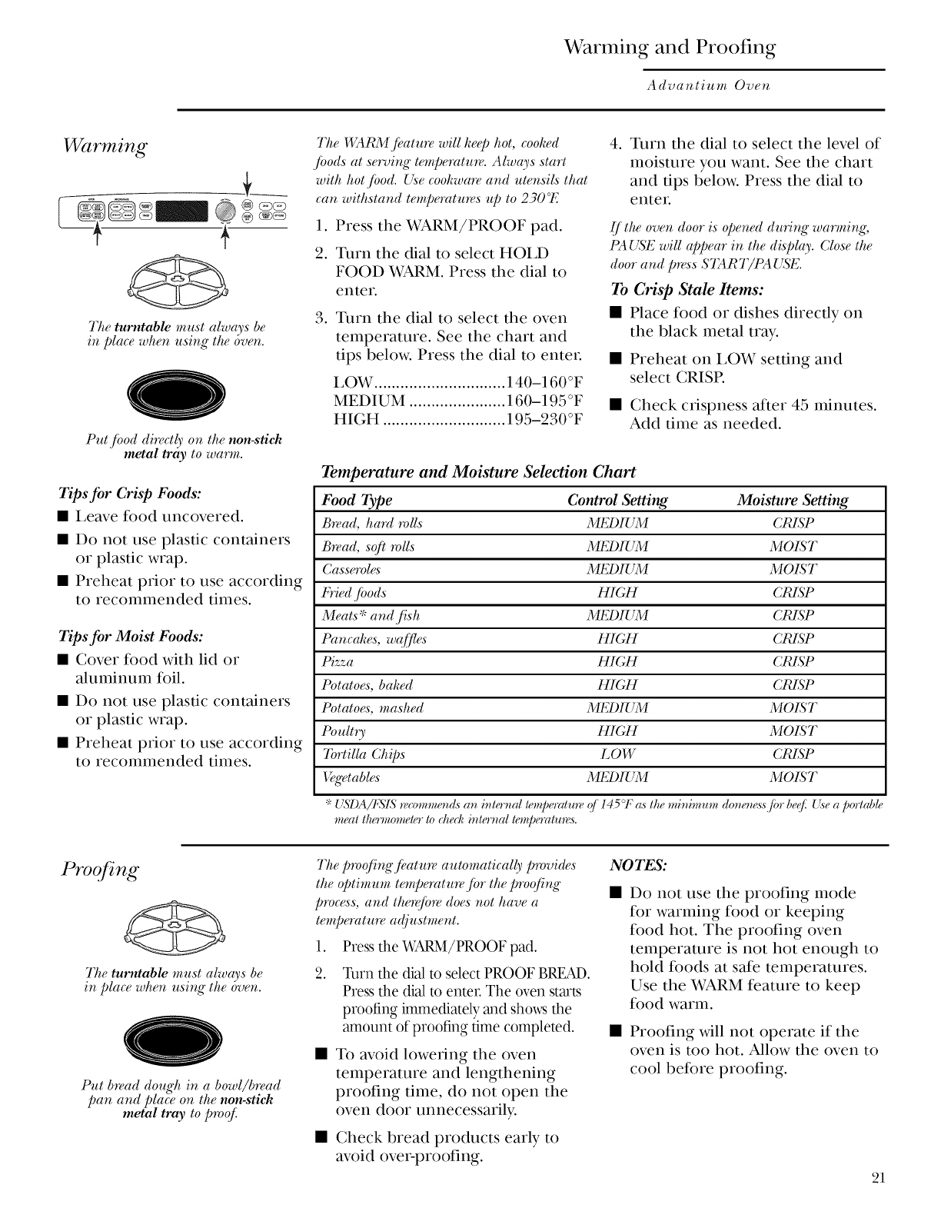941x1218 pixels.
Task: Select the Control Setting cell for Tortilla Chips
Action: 617,754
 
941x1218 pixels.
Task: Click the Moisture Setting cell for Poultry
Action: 793,731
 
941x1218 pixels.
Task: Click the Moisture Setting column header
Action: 793,501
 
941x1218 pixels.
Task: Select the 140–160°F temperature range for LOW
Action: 544,383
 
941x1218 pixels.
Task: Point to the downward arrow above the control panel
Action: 248,185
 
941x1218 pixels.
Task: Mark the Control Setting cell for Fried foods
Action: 617,593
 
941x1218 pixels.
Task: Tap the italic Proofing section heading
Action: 101,871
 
